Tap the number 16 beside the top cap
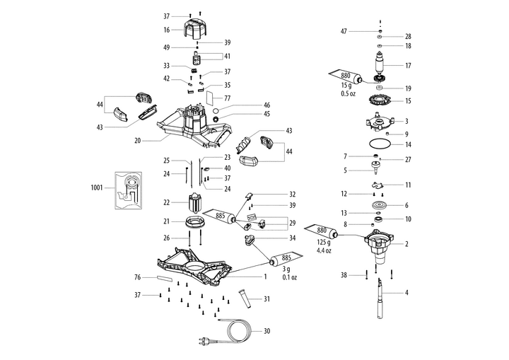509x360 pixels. [167, 30]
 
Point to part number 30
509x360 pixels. [267, 331]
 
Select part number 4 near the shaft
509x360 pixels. [406, 292]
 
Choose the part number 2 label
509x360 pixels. [406, 244]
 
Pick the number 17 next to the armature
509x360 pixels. [408, 65]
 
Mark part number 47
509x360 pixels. [344, 32]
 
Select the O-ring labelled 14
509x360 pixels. [381, 143]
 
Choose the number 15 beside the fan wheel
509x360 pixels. [408, 100]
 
